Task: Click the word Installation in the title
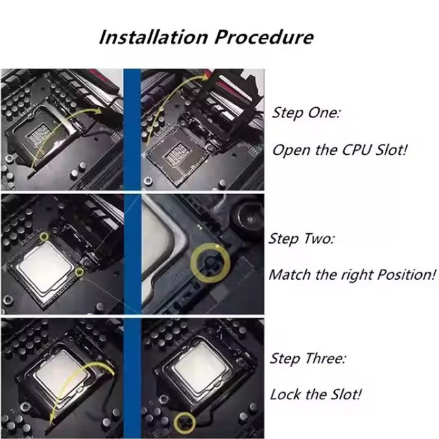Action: pyautogui.click(x=154, y=37)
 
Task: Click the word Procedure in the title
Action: pyautogui.click(x=264, y=37)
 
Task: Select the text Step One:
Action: pyautogui.click(x=307, y=112)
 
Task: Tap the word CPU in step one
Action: pyautogui.click(x=357, y=150)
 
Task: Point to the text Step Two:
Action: pyautogui.click(x=302, y=239)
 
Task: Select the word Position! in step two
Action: pyautogui.click(x=407, y=274)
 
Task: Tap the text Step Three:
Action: pyautogui.click(x=308, y=358)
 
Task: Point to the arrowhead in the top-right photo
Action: pyautogui.click(x=206, y=76)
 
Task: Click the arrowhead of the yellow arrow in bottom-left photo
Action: pyautogui.click(x=52, y=420)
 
